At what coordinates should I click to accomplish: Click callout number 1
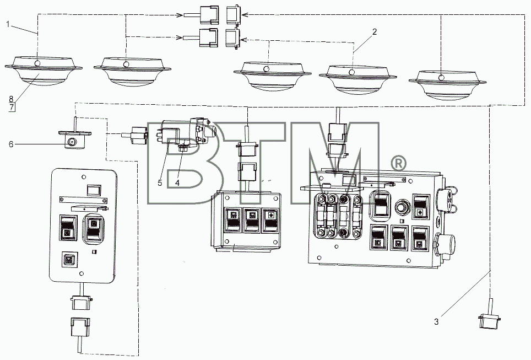point(8,24)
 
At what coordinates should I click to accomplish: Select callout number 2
point(374,32)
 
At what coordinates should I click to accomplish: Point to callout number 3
point(436,322)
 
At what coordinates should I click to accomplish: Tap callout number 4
point(177,182)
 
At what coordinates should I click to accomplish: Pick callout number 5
point(160,182)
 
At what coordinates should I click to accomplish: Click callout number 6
point(11,144)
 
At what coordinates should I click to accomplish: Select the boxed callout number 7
point(12,108)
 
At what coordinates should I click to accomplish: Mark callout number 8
point(11,99)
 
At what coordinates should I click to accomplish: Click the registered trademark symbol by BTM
point(399,164)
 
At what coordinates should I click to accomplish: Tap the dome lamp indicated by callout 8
point(44,71)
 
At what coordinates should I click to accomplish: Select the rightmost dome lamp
point(447,84)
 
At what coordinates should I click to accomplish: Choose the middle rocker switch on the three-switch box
point(252,221)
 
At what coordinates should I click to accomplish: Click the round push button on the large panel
point(402,206)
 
